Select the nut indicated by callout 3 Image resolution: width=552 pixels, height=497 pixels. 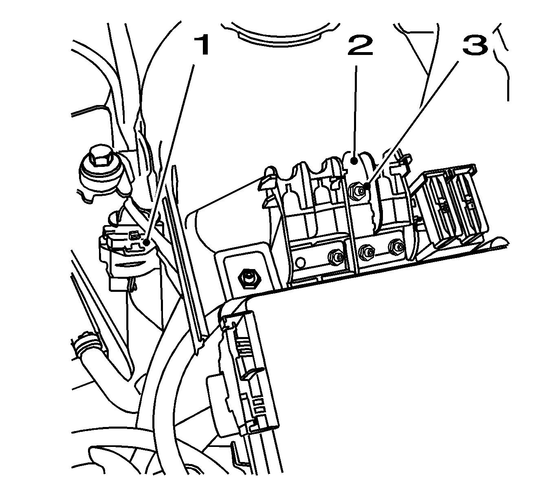tap(355, 189)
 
